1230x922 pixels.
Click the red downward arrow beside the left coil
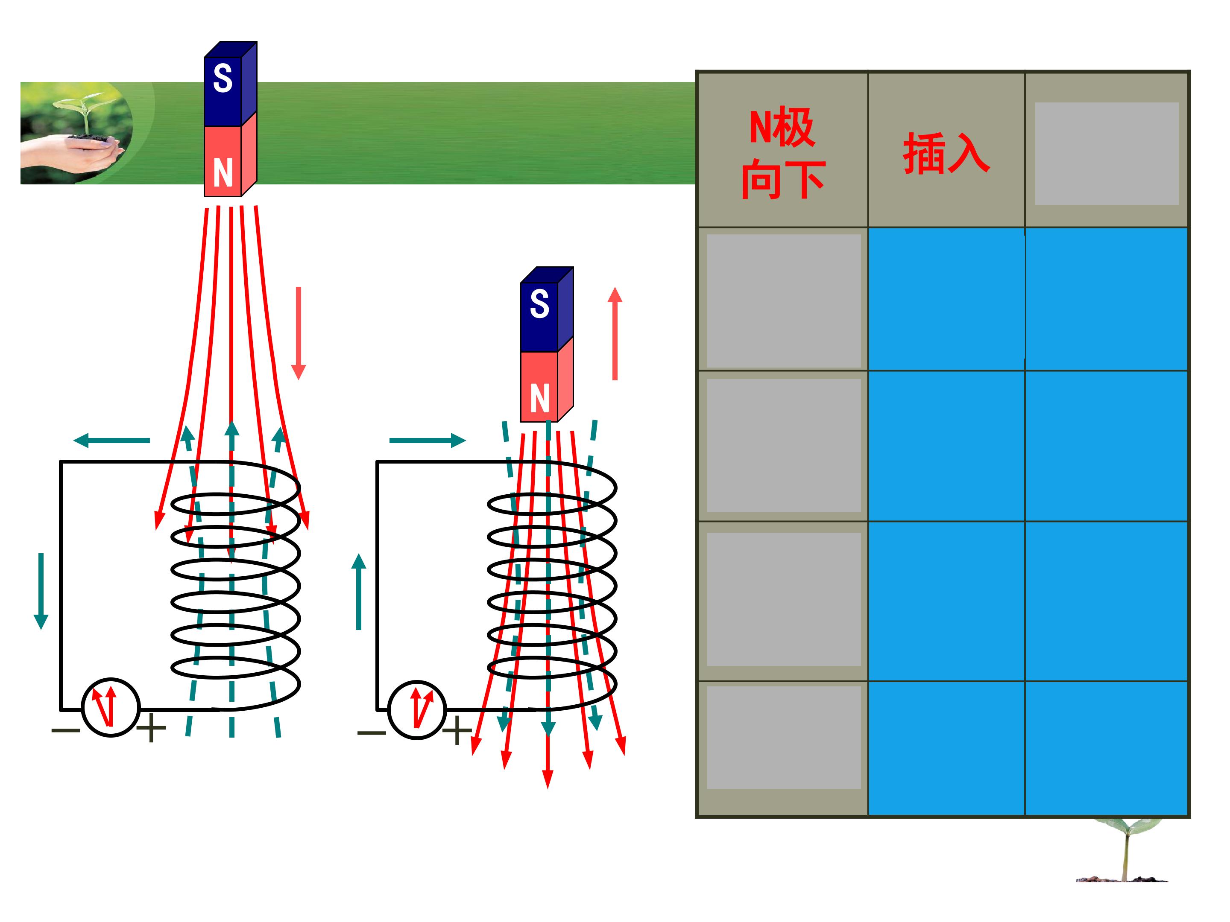299,333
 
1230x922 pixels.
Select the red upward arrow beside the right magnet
615,333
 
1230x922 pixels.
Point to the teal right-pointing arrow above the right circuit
427,441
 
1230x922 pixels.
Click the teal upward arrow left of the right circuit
359,592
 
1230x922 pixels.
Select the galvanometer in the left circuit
111,707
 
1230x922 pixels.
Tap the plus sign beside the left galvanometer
151,728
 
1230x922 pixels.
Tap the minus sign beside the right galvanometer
372,732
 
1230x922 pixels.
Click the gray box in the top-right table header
1107,153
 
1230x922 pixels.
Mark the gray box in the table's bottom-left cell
784,737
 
